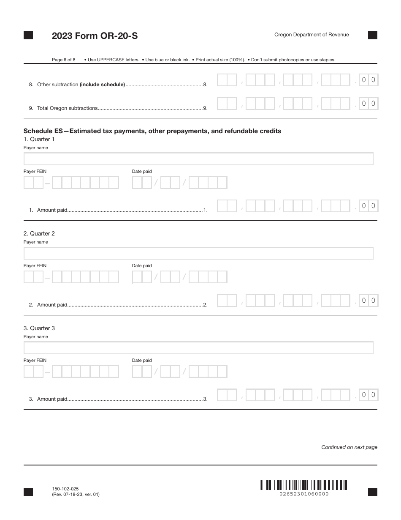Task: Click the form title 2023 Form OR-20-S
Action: pos(95,36)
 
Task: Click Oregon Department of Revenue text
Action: pos(312,35)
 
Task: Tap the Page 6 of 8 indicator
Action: pos(63,60)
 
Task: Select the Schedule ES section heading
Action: pos(152,131)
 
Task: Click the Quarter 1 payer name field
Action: pos(198,159)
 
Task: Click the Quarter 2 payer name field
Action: pos(198,253)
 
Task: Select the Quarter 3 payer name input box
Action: pos(198,348)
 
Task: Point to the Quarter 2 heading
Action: pos(39,233)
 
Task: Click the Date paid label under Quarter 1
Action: pos(141,171)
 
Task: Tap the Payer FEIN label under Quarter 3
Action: pos(35,360)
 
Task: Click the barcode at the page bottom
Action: pos(304,485)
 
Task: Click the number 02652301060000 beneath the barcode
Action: pos(304,494)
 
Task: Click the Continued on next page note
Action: pos(349,447)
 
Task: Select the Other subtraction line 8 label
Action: pos(81,85)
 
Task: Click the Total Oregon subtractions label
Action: pos(68,108)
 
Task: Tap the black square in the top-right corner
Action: pos(372,36)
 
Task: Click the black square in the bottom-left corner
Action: pos(28,492)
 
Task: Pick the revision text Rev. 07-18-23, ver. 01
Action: pos(76,494)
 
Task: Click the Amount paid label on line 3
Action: pos(52,399)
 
